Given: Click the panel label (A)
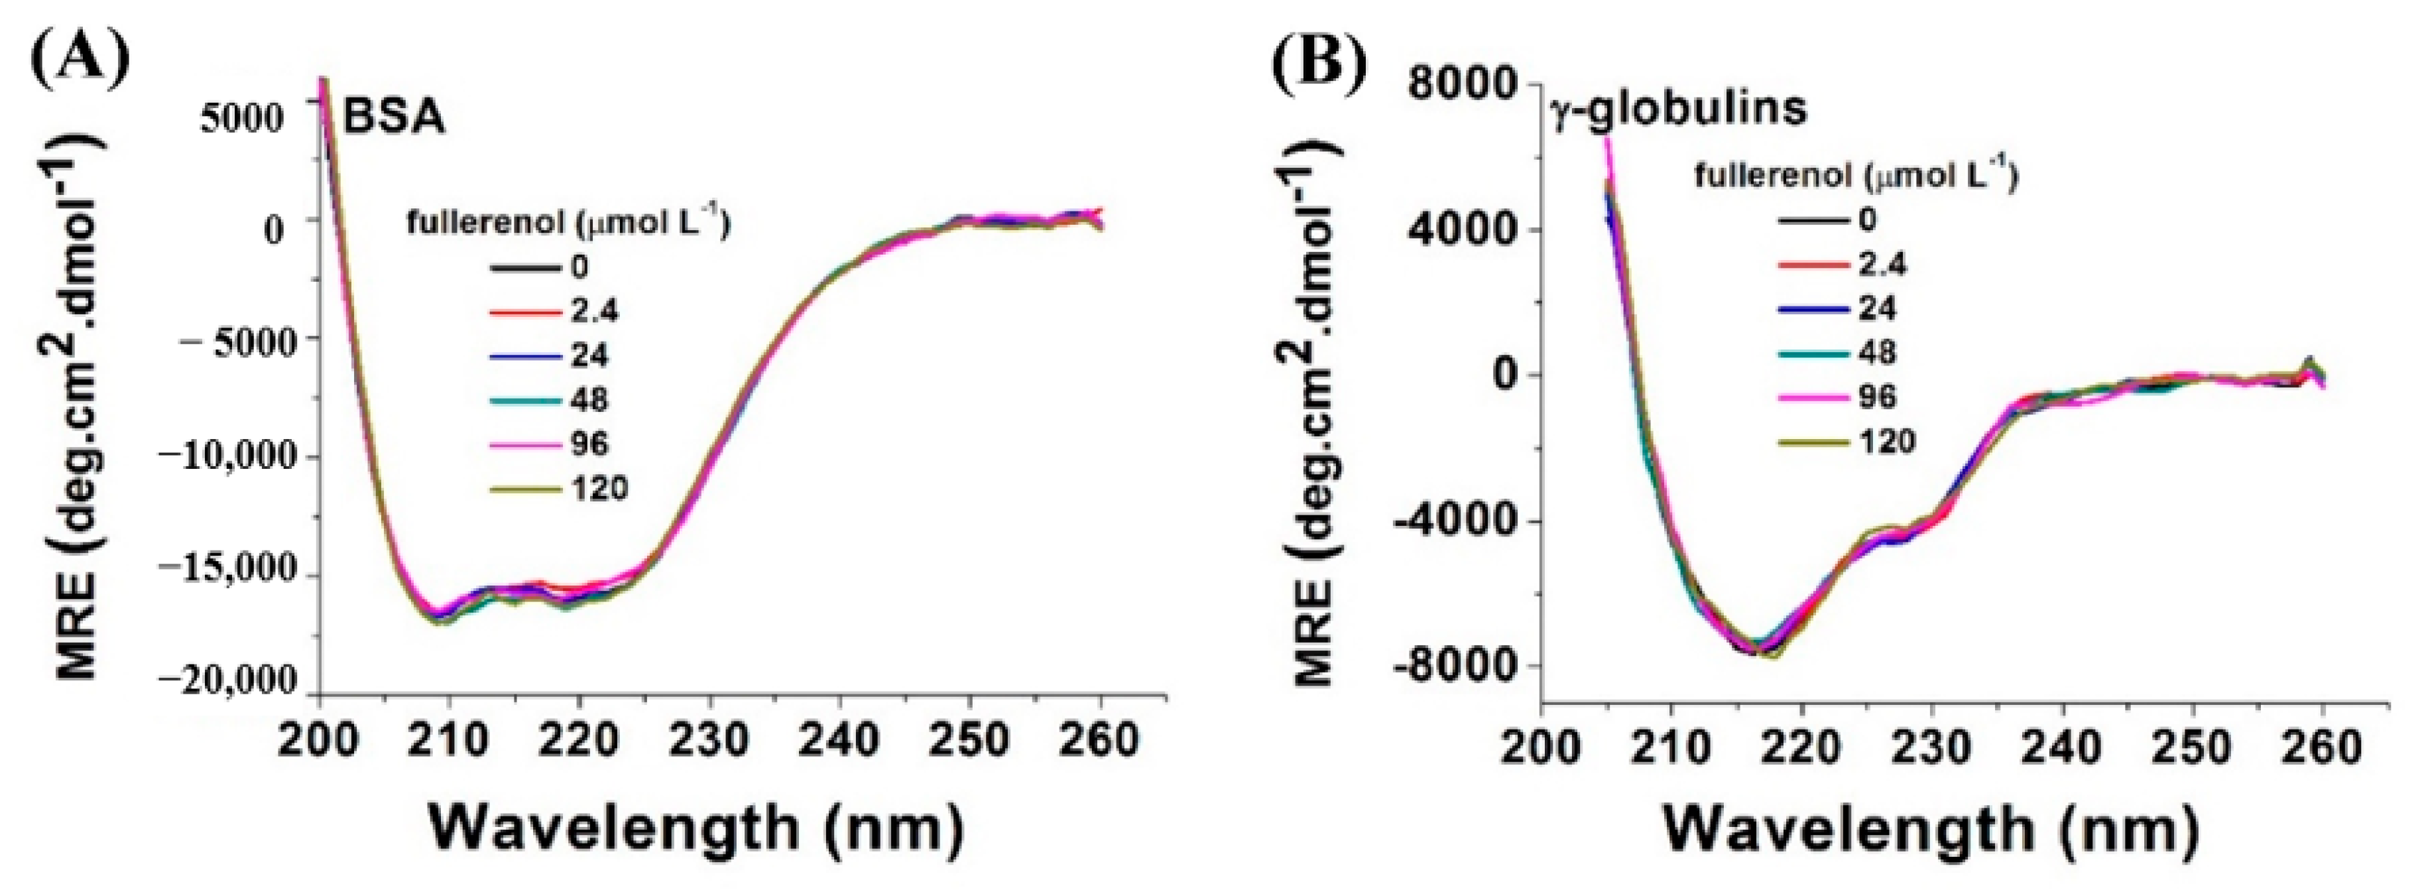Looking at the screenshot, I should coord(80,59).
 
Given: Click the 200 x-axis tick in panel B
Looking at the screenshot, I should coord(1541,749).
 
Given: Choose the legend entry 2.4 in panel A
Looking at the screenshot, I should coord(593,311).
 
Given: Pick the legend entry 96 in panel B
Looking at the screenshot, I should coord(1877,397).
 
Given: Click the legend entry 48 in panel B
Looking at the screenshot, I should coord(1877,352).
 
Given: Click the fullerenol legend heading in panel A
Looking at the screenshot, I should coord(568,223).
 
